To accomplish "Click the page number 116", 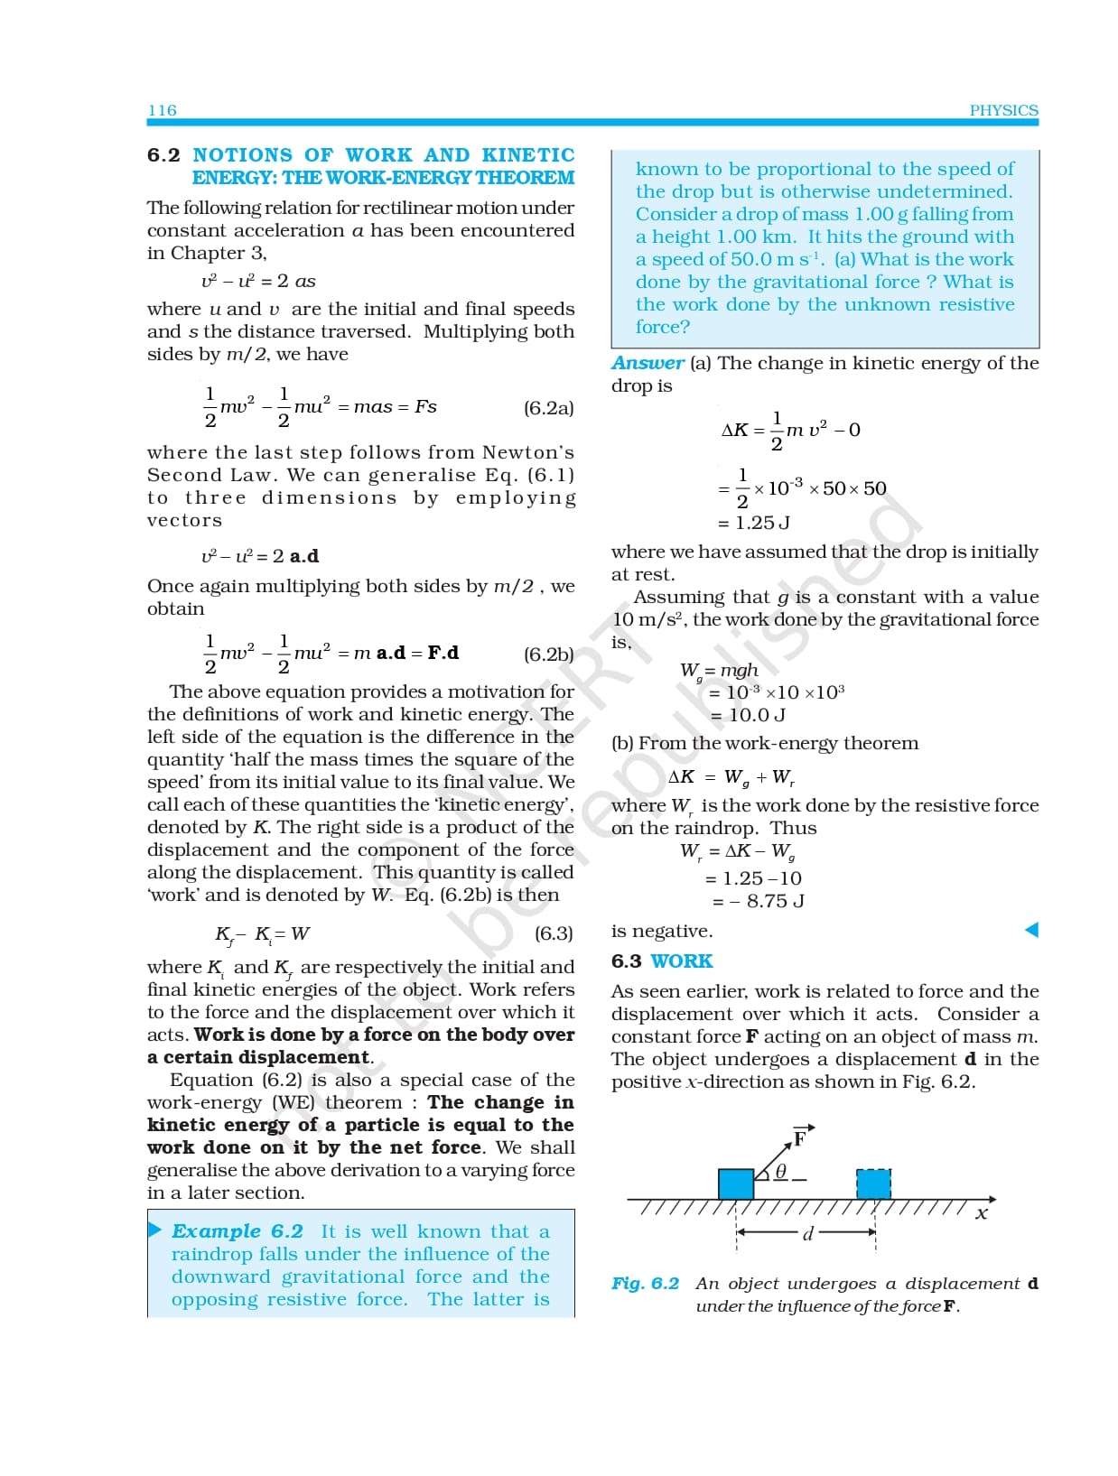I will (163, 110).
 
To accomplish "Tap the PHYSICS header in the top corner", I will (1003, 110).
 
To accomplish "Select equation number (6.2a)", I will (548, 408).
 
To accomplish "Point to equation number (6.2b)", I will (548, 654).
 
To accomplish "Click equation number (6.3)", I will (554, 933).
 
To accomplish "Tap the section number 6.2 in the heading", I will (163, 155).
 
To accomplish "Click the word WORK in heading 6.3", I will (682, 961).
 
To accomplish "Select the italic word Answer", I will (648, 363).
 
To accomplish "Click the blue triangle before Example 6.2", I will (155, 1230).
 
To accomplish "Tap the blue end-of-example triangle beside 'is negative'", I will (1031, 930).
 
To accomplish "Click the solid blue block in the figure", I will (736, 1184).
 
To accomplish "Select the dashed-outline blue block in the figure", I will (873, 1184).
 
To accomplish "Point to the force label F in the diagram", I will (799, 1138).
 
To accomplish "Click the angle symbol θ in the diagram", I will (781, 1171).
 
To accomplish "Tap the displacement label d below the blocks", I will (807, 1233).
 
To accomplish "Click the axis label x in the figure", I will (982, 1214).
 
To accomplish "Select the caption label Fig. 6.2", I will (645, 1284).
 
